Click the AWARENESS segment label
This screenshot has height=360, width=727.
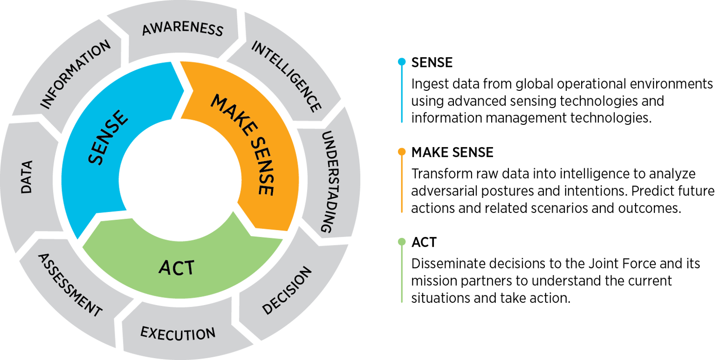[183, 29]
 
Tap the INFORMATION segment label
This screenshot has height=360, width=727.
[75, 74]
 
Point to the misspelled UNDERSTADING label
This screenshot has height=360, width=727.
[329, 182]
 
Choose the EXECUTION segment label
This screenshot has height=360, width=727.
[178, 333]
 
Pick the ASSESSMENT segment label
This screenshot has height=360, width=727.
[69, 285]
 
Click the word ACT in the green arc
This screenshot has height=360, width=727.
[176, 268]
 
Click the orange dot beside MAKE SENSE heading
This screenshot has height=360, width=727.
[401, 152]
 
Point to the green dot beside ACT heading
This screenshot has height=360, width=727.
[401, 242]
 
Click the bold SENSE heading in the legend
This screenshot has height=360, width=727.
[432, 62]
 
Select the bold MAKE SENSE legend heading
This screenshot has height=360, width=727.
[452, 152]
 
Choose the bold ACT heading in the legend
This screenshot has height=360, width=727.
[424, 243]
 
